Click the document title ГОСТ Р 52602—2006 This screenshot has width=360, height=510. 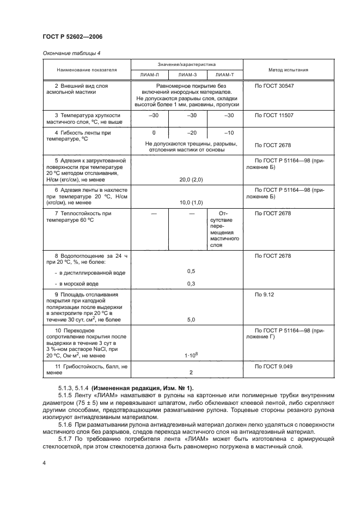click(x=72, y=36)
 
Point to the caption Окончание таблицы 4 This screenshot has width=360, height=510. click(x=71, y=53)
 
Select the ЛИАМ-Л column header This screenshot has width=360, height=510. click(x=150, y=76)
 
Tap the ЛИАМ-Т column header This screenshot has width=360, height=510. click(x=224, y=76)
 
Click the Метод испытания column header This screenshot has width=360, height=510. click(x=288, y=70)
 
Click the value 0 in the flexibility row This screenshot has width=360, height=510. click(x=154, y=133)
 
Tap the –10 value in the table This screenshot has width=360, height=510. click(x=229, y=133)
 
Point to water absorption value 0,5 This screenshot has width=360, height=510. click(x=191, y=271)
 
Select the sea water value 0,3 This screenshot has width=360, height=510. click(x=191, y=283)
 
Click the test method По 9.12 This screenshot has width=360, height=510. click(x=265, y=295)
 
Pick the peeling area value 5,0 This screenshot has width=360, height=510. click(x=191, y=320)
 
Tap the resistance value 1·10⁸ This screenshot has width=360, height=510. click(x=191, y=355)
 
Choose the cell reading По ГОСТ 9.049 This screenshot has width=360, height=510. click(x=275, y=366)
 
